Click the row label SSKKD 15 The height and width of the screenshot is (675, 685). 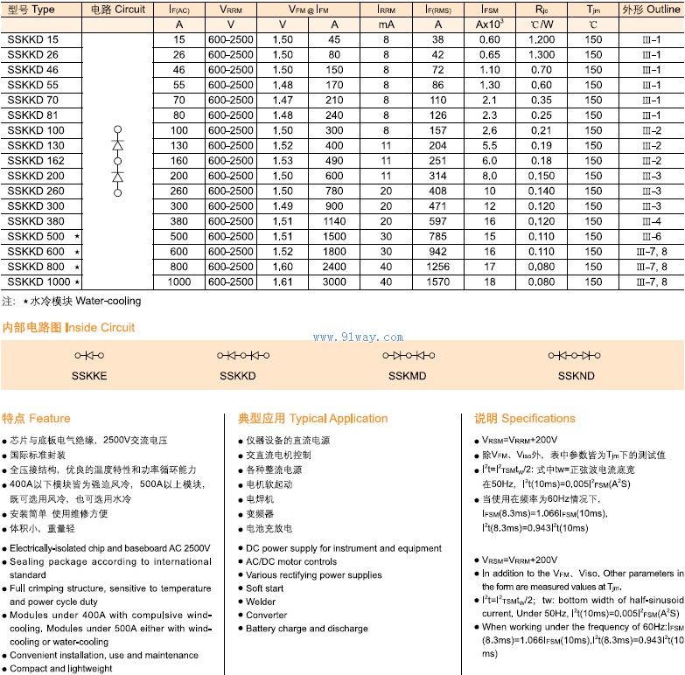coord(33,40)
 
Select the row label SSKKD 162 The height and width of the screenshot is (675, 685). coord(36,161)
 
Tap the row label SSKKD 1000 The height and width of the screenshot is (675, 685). coord(38,282)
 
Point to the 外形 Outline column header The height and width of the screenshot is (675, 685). coord(651,10)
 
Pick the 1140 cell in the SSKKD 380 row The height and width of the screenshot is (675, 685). coord(334,221)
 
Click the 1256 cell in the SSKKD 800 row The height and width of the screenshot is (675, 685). coord(438,267)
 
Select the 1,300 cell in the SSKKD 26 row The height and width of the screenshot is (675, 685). coord(542,55)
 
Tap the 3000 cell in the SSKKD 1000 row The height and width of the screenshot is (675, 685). coord(334,282)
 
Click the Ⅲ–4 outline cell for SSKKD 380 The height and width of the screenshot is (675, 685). coord(651,221)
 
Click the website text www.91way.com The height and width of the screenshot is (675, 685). coord(358,337)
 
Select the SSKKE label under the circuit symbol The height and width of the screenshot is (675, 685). coord(89,374)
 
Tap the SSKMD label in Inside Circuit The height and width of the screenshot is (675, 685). coord(408,374)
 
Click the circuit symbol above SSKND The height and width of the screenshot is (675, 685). coord(574,355)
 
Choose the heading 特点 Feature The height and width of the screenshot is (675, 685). coord(36,418)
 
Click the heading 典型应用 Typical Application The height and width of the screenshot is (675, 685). coord(312,418)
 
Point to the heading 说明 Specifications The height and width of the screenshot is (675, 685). coord(524,418)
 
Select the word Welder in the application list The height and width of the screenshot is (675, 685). coord(260,602)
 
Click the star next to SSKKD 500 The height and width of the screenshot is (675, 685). coord(77,237)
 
